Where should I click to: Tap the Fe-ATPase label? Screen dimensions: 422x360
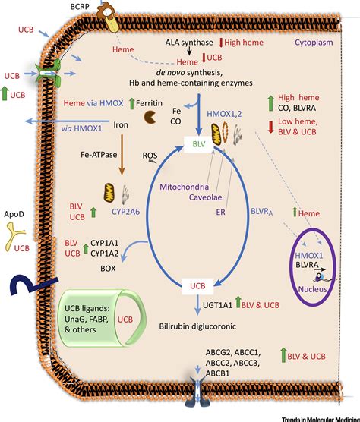click(95, 174)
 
